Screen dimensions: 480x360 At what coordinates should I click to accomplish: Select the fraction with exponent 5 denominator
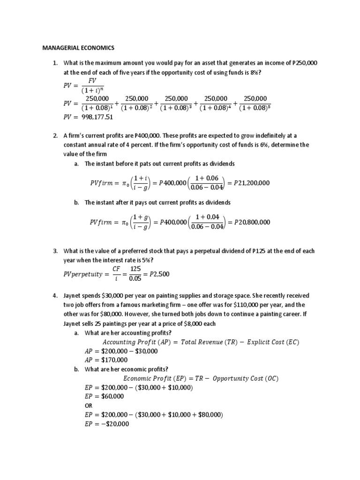[x=255, y=103]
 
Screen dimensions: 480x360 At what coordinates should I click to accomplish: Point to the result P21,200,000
[x=252, y=182]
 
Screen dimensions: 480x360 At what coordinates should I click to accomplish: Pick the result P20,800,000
[x=252, y=222]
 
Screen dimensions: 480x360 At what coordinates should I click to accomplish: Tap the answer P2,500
[x=150, y=274]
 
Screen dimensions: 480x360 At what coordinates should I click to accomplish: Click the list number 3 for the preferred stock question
[x=54, y=251]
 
